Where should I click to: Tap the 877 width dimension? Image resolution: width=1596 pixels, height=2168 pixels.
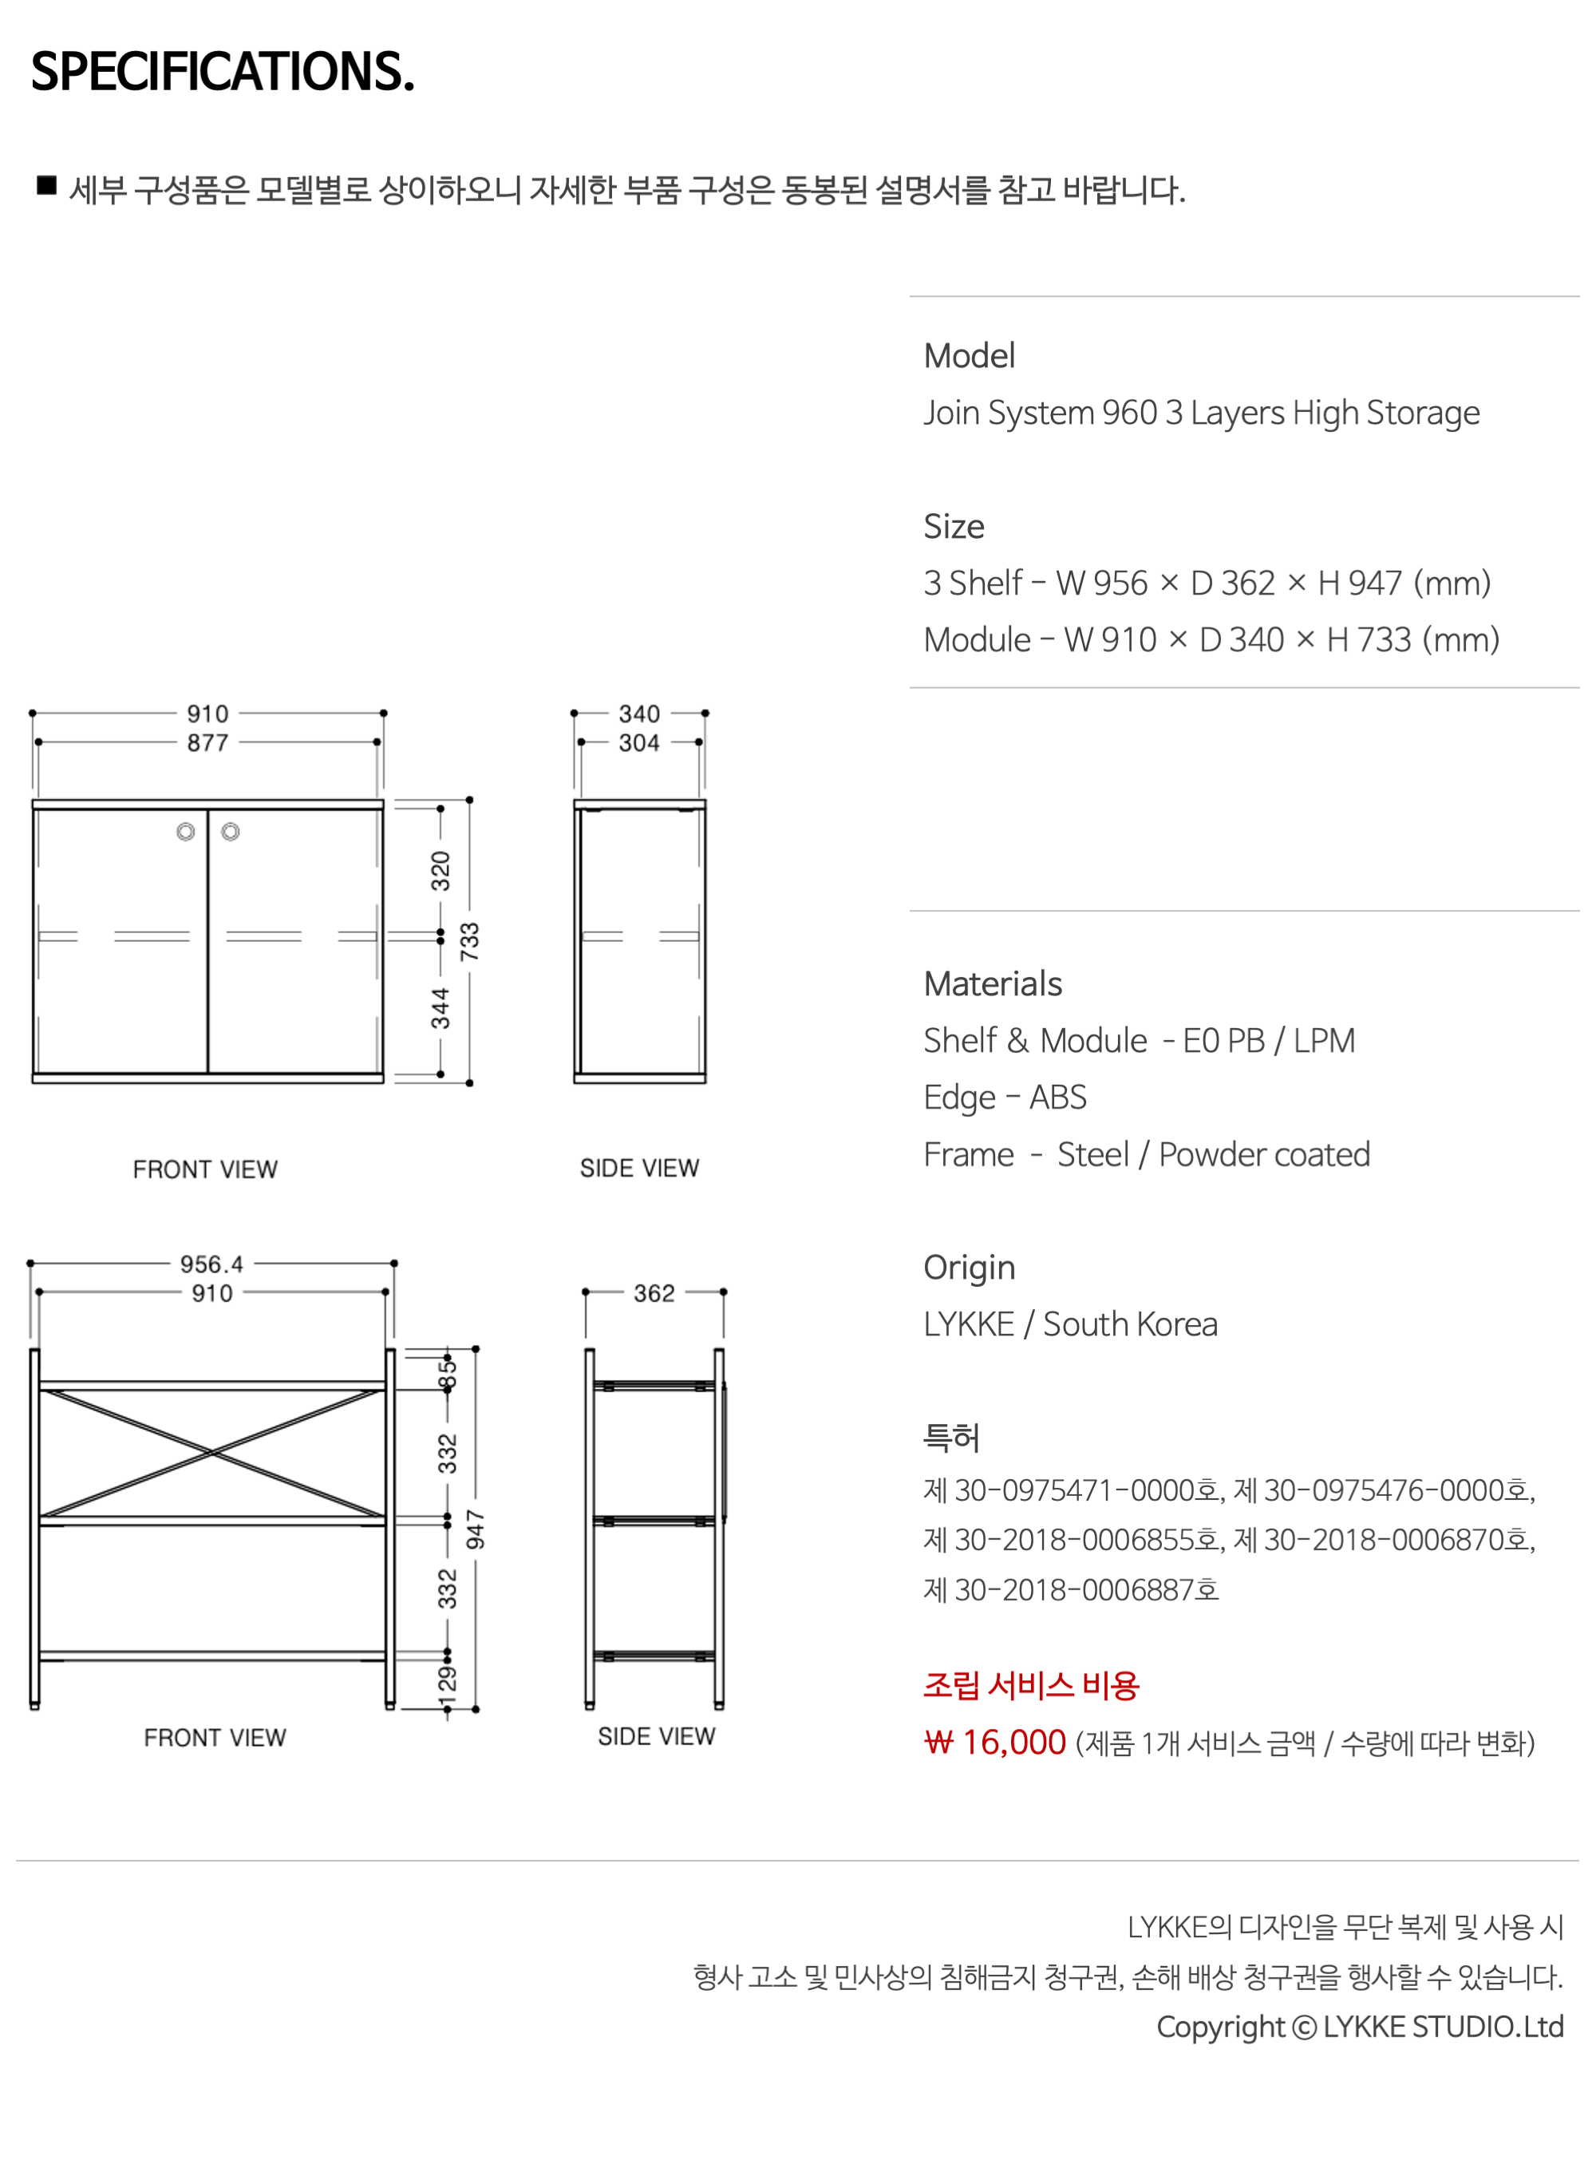click(207, 743)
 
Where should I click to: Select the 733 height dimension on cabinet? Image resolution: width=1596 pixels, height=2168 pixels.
click(469, 941)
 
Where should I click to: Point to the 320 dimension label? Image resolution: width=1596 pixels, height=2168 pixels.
click(440, 871)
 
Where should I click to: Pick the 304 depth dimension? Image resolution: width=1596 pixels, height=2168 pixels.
click(639, 743)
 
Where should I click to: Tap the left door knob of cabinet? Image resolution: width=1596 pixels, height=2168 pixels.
click(185, 832)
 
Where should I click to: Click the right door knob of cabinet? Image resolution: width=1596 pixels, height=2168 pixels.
click(230, 832)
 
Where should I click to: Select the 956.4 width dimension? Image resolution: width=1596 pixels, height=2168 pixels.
click(211, 1264)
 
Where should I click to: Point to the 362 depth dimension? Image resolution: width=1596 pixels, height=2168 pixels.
click(654, 1292)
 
